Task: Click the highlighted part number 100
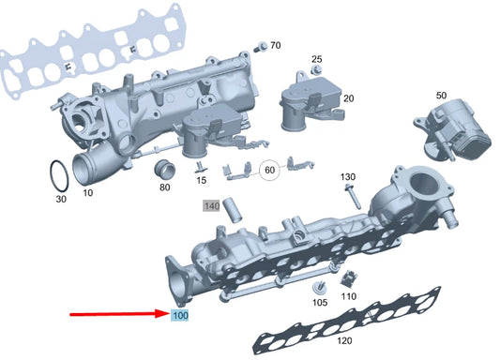[179, 316]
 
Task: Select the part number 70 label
[275, 45]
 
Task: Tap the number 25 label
[316, 59]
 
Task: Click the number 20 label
[348, 98]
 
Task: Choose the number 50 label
[441, 96]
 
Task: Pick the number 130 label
[347, 177]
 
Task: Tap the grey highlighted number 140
[212, 205]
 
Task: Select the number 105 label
[319, 303]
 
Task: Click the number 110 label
[349, 296]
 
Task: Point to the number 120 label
[343, 342]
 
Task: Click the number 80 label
[164, 187]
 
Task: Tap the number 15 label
[201, 180]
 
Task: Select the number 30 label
[61, 199]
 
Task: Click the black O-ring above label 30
[56, 175]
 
